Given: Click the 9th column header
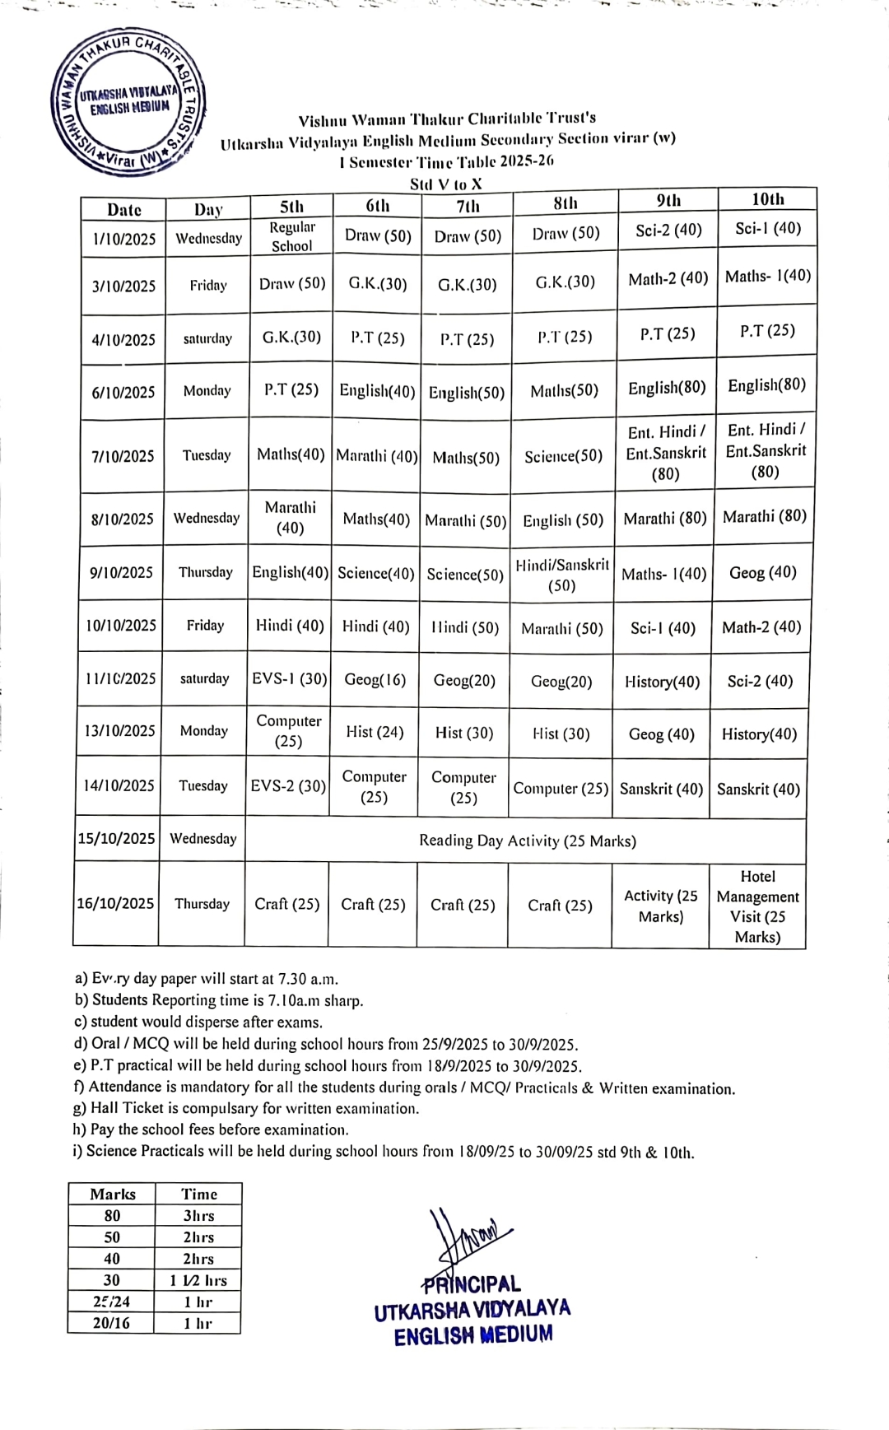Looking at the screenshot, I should pos(668,200).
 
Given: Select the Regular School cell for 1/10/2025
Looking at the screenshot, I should pos(291,236).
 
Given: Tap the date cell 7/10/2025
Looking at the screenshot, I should pos(123,456).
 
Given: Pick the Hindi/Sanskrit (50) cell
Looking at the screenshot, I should pos(562,575).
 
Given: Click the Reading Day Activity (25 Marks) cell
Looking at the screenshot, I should pos(527,841).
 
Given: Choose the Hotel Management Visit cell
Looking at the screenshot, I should pos(757,906).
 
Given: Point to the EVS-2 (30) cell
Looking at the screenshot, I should pos(288,786).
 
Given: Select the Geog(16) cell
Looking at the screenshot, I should pos(375,680).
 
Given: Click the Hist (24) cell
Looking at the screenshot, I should pos(375,732).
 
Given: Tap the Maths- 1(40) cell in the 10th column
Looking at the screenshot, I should pos(767,277).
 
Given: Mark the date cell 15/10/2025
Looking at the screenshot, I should pos(117,839).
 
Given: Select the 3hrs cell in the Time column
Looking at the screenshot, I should pos(198,1216).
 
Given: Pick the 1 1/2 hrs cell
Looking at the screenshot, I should pos(198,1280).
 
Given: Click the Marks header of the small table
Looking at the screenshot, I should pos(113,1195).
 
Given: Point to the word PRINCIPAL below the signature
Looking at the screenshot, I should pos(472,1284).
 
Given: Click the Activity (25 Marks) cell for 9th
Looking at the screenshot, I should pos(660,906).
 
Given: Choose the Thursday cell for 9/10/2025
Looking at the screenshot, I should pos(206,572).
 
